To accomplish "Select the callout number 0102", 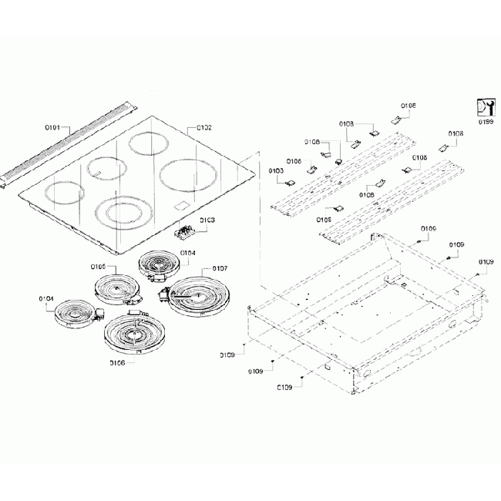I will [203, 127].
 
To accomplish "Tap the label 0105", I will [98, 266].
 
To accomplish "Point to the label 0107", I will [219, 268].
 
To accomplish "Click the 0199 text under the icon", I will [486, 121].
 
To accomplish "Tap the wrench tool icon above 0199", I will [485, 107].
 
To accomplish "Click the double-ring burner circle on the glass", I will [123, 210].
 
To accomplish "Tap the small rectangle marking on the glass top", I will [182, 206].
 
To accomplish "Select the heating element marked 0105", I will [116, 289].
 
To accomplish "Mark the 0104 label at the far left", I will [46, 298].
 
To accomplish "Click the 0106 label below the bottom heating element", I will [117, 362].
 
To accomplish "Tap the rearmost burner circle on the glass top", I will [151, 143].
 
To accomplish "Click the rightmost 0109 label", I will [486, 262].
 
